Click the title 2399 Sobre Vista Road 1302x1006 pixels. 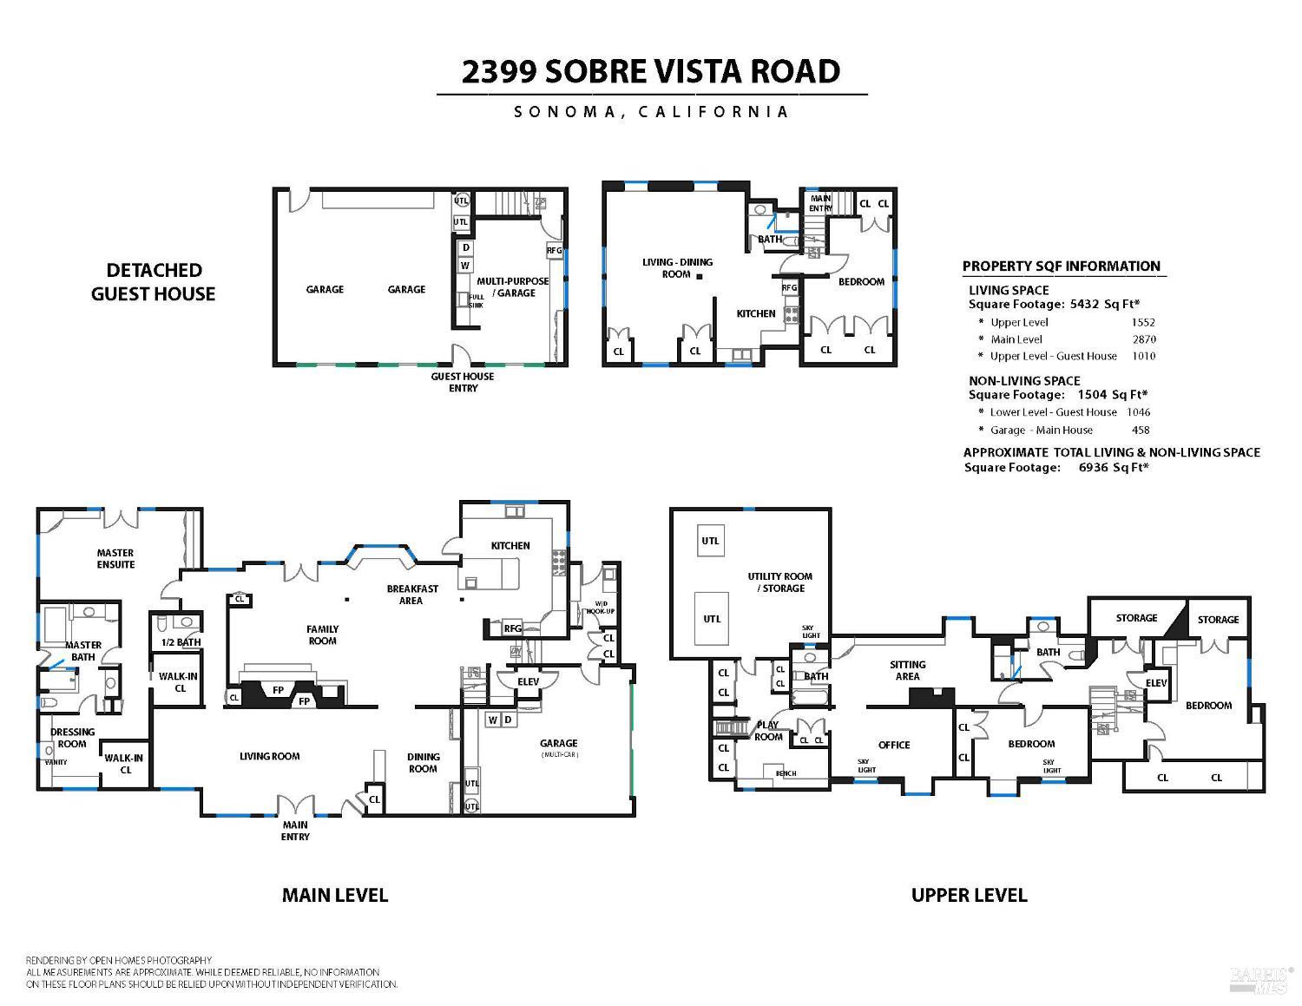point(651,71)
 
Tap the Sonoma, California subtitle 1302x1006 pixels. point(651,112)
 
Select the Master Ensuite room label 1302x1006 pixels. point(115,558)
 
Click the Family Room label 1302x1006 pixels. point(322,635)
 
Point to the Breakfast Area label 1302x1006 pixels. point(411,594)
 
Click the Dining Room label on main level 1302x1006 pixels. point(423,762)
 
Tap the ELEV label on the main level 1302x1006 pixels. point(528,681)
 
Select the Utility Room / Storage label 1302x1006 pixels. point(779,582)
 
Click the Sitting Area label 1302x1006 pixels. point(907,670)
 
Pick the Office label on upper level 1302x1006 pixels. point(893,745)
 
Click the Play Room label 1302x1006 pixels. point(768,731)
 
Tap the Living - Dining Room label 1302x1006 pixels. point(677,267)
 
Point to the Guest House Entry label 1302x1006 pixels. point(463,382)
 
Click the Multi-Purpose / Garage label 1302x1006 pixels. point(512,286)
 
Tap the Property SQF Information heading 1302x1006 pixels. point(1061,266)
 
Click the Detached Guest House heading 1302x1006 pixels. point(153,282)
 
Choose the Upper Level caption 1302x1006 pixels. point(969,895)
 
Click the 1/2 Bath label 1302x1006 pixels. point(181,642)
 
